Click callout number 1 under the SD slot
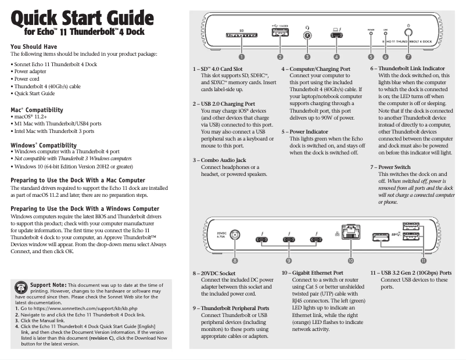pyautogui.click(x=242, y=57)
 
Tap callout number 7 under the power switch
pyautogui.click(x=408, y=57)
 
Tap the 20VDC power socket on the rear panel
pyautogui.click(x=235, y=235)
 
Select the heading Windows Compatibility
pyautogui.click(x=44, y=145)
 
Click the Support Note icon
pyautogui.click(x=20, y=288)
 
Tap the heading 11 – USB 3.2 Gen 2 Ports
pyautogui.click(x=411, y=272)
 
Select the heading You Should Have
pyautogui.click(x=33, y=46)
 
